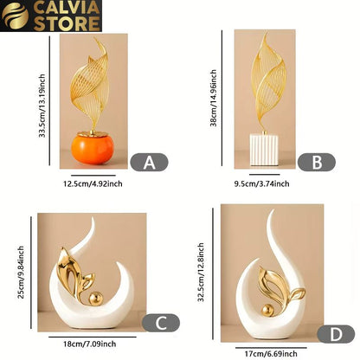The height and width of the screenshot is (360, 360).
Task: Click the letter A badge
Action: [149, 162]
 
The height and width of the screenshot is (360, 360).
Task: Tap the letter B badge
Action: [317, 162]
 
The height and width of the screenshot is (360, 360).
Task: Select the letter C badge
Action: [161, 323]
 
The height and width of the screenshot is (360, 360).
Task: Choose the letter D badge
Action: [336, 334]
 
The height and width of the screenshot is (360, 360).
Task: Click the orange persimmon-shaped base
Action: [93, 148]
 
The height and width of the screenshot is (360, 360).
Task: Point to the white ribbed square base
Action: [264, 150]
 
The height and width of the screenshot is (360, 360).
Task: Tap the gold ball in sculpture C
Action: [95, 299]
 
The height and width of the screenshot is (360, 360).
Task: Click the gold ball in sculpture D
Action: [267, 311]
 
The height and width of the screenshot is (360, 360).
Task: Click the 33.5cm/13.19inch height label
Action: [42, 106]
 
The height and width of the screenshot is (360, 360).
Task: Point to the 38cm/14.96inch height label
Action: [214, 98]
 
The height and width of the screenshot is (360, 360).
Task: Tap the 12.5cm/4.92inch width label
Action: [93, 183]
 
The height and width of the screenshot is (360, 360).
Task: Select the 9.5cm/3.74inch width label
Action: [261, 183]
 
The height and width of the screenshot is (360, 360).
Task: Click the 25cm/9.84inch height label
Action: [21, 273]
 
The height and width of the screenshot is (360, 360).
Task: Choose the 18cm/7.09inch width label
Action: [90, 344]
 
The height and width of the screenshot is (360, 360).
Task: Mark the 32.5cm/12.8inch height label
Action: [201, 273]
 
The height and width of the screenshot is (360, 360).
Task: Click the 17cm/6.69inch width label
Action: [271, 354]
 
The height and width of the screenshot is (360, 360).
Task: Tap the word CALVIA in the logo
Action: [67, 8]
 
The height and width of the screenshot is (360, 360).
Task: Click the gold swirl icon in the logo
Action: [15, 16]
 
